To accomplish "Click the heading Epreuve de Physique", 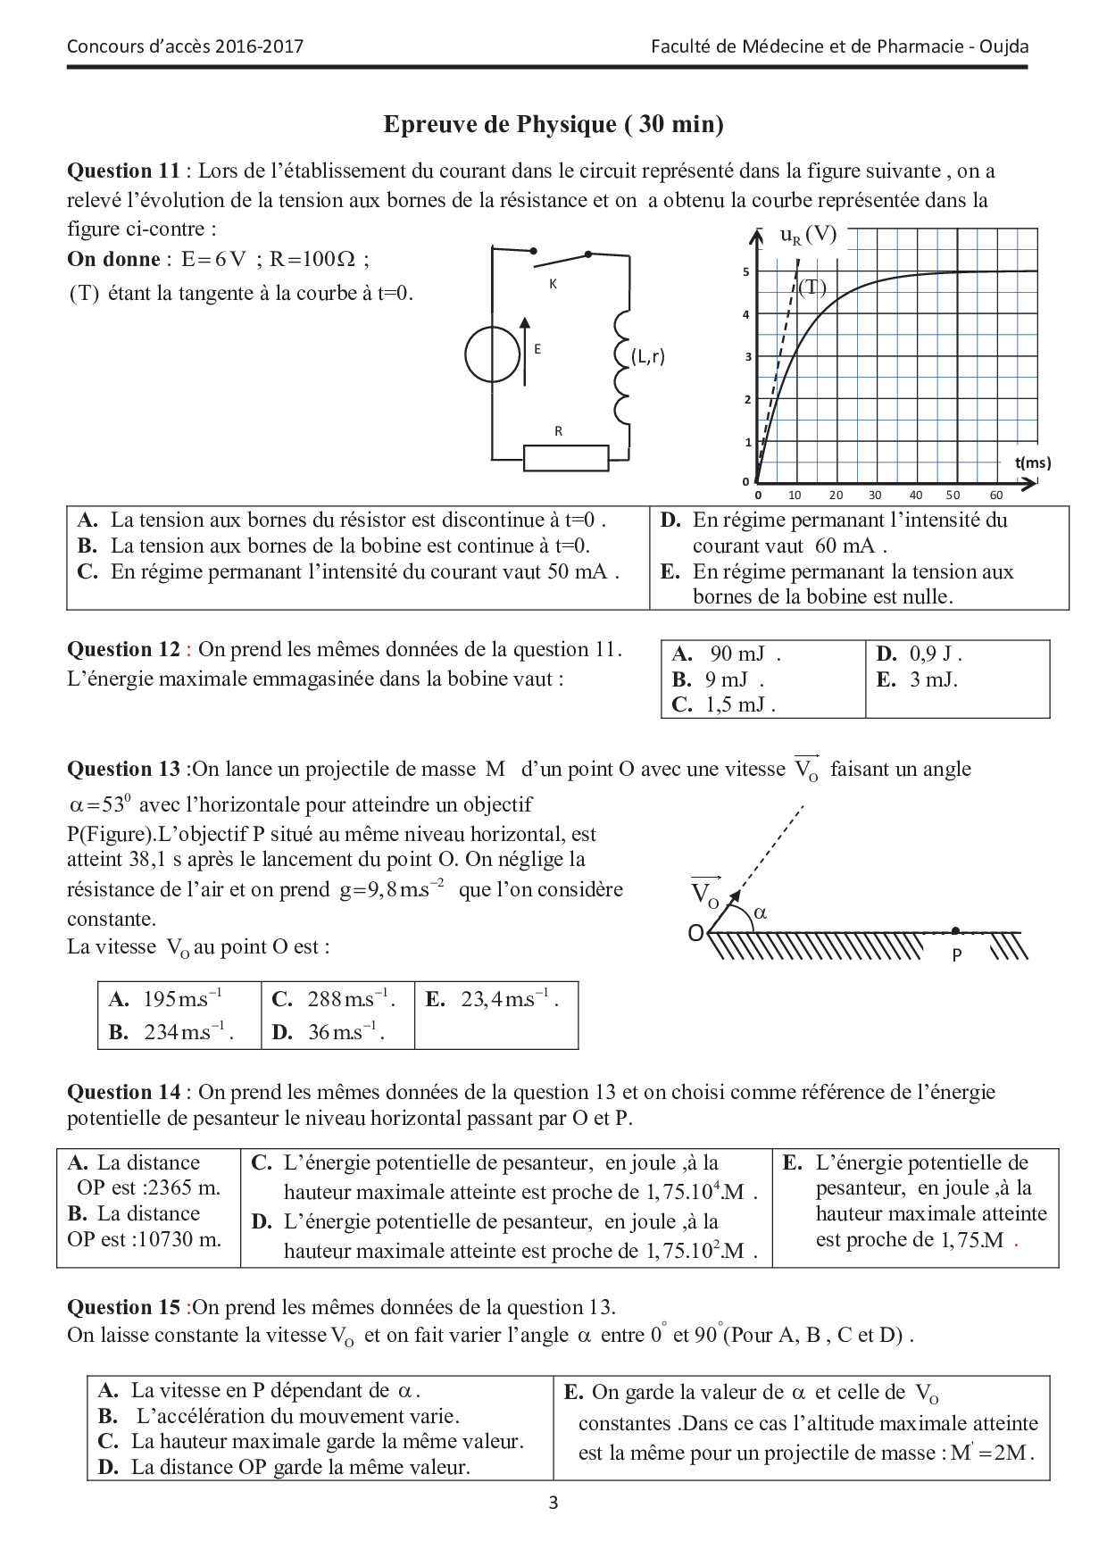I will [x=553, y=124].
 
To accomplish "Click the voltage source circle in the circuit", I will [x=492, y=355].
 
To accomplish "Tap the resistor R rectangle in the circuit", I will [x=565, y=457].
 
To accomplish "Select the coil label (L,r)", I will [x=647, y=356].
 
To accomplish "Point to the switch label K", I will [x=553, y=284].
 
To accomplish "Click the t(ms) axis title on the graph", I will [x=1032, y=462].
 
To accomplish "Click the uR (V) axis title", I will [x=808, y=235].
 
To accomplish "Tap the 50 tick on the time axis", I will [x=953, y=495].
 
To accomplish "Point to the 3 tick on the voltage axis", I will [x=748, y=356].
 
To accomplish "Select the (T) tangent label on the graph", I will [x=812, y=287].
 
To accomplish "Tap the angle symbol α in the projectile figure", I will [x=761, y=912].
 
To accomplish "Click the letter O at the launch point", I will [x=695, y=934].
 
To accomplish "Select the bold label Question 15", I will [x=124, y=1307].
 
